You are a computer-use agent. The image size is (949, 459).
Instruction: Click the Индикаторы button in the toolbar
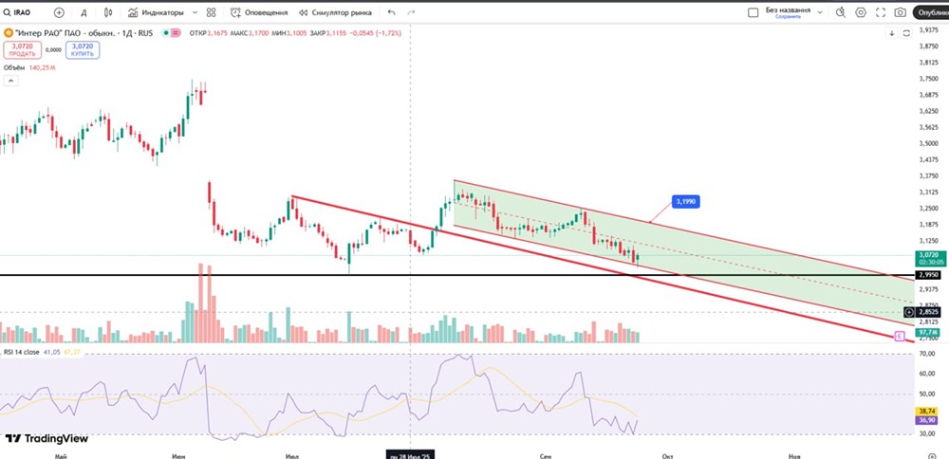[162, 13]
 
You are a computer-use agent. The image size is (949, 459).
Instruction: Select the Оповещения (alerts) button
[261, 13]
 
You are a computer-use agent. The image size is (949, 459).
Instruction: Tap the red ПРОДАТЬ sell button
[22, 49]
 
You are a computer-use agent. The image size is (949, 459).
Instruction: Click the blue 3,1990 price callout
[685, 201]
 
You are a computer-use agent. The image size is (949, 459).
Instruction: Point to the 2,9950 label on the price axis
[927, 275]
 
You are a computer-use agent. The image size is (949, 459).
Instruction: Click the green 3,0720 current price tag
[927, 256]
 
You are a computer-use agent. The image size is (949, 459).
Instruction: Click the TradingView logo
[47, 438]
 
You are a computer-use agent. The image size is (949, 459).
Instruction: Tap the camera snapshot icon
[899, 13]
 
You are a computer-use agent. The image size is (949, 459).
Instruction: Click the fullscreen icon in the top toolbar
[879, 13]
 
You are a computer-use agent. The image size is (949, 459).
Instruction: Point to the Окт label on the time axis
[669, 455]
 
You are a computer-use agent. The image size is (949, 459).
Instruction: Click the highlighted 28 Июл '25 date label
[410, 455]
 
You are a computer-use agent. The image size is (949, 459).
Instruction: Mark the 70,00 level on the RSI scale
[927, 354]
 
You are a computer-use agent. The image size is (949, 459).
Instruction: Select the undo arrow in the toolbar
[392, 13]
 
